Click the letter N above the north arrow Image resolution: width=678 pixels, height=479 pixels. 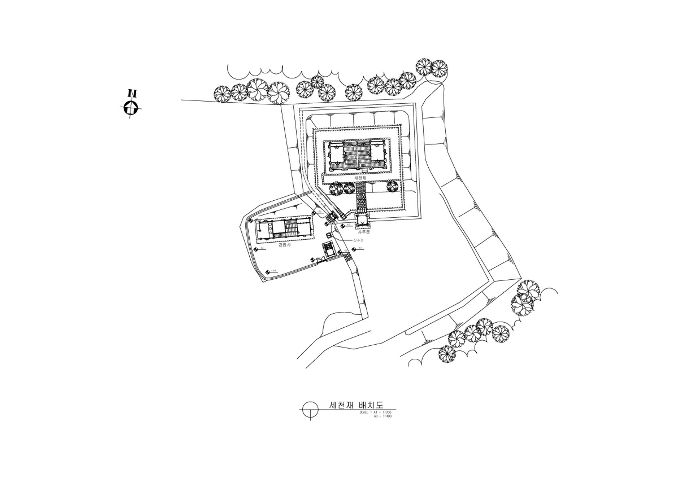click(132, 93)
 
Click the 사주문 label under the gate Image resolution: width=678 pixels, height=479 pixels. click(364, 232)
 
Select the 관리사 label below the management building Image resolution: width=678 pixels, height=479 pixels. click(284, 244)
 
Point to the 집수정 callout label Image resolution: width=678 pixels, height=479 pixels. click(358, 240)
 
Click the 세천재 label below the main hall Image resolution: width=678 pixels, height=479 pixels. click(361, 178)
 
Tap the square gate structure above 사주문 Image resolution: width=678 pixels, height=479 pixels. click(363, 221)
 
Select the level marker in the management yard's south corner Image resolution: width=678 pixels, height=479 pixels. click(267, 272)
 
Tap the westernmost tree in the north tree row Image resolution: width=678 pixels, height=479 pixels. click(223, 94)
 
